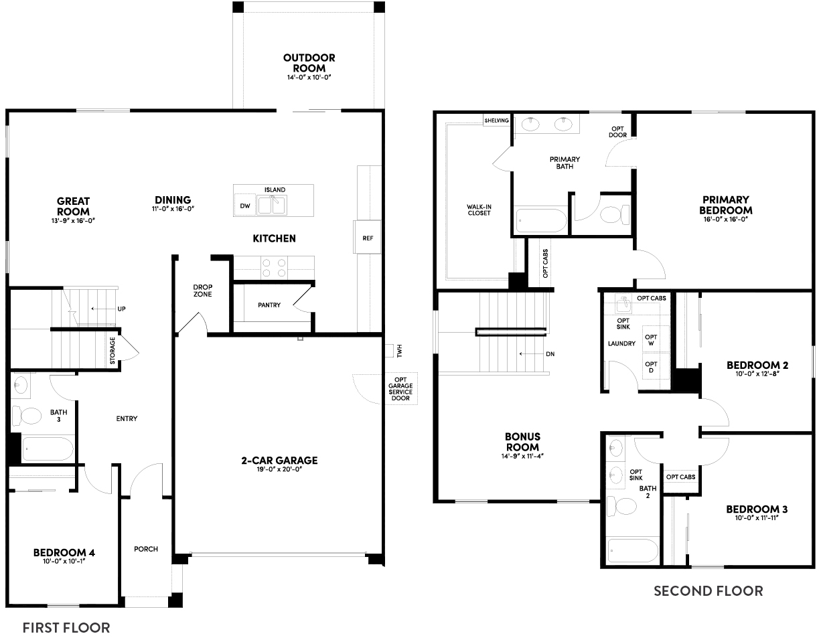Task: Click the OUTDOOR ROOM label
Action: point(309,63)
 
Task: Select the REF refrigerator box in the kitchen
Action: point(368,238)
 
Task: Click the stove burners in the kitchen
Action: point(273,268)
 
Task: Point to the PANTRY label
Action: point(269,305)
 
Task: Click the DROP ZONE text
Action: point(203,291)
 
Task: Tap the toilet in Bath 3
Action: point(29,415)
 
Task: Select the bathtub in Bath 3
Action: point(47,449)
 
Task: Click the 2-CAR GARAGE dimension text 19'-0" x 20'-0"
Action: point(279,470)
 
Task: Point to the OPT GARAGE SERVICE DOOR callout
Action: point(401,388)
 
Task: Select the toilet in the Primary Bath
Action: point(613,214)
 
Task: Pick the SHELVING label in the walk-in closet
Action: point(496,120)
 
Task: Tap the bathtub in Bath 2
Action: point(633,551)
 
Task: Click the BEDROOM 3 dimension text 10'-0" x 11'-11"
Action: point(757,519)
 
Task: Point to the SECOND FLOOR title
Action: point(708,591)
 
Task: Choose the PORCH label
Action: point(146,549)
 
